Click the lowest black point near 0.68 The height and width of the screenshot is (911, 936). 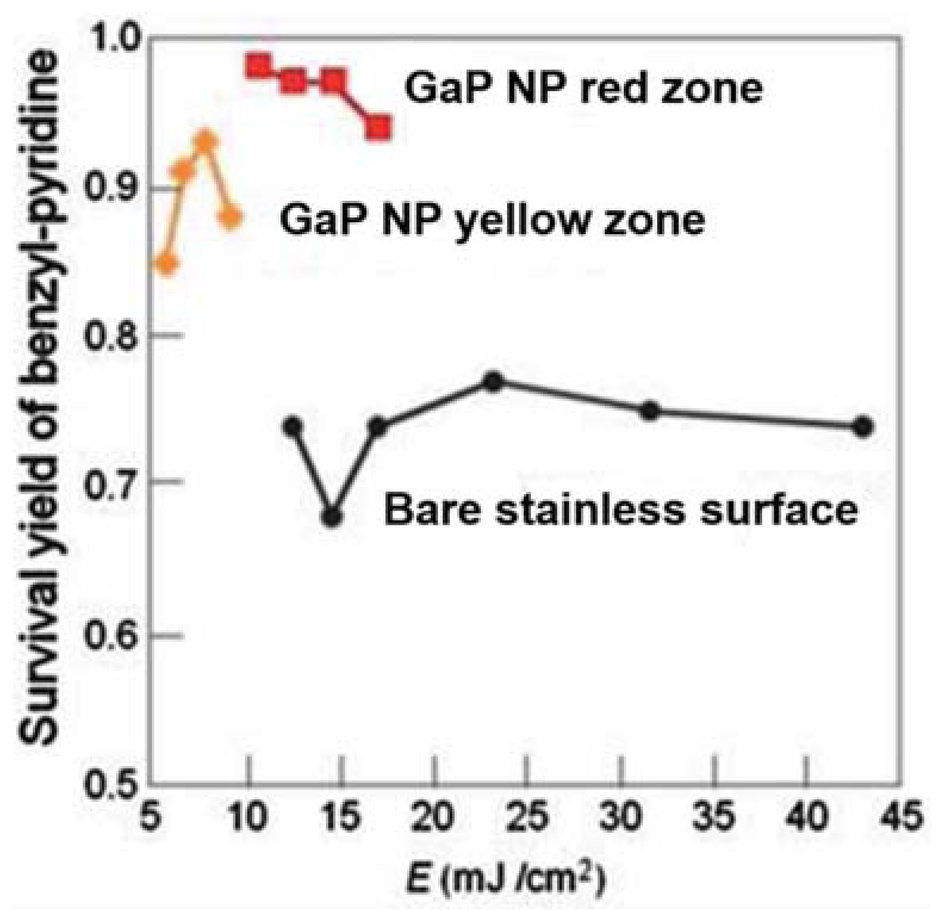tap(332, 517)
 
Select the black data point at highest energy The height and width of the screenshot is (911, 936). tap(863, 427)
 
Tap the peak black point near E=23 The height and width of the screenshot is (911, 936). tap(493, 381)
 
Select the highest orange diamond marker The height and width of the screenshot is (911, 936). tap(206, 142)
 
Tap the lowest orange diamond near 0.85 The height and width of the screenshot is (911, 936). tap(167, 263)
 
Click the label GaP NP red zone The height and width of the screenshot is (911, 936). tap(583, 88)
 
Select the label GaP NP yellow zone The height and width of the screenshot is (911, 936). tap(492, 220)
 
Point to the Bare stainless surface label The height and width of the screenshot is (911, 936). tap(620, 510)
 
